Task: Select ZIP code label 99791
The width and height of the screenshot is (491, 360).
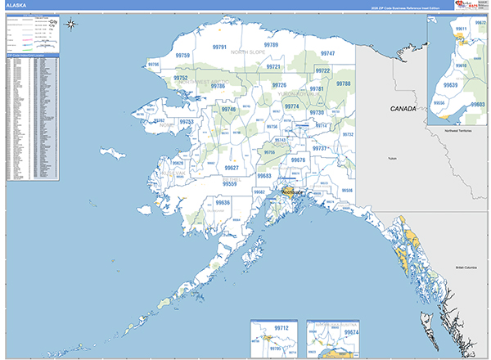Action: (218, 47)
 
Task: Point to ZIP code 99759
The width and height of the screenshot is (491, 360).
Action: (182, 56)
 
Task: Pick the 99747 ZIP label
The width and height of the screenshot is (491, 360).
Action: (327, 52)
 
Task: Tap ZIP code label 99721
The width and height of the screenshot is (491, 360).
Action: (273, 66)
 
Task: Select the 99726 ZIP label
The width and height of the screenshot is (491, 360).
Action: (280, 85)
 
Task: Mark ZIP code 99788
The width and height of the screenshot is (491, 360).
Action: (343, 83)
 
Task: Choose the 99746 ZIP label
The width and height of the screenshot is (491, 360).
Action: (227, 109)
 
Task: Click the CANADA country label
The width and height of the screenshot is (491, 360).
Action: (403, 108)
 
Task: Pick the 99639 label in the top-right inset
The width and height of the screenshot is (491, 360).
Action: (449, 84)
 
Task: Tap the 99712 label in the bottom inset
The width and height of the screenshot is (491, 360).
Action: (282, 328)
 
